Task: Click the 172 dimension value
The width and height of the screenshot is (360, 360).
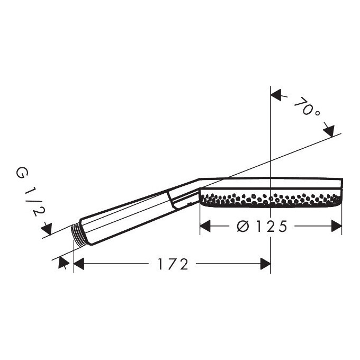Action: [x=173, y=264]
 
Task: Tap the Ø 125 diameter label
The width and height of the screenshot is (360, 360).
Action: [x=262, y=227]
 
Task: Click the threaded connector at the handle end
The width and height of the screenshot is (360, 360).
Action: [x=78, y=232]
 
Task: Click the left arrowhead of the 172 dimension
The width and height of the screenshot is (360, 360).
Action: [x=79, y=264]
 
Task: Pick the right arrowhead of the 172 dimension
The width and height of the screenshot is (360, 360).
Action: [x=265, y=264]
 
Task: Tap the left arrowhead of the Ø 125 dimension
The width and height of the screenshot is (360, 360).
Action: [x=205, y=226]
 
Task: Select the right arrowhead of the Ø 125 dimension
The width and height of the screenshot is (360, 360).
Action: [x=337, y=226]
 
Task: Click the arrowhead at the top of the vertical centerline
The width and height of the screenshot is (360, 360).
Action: [x=276, y=95]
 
